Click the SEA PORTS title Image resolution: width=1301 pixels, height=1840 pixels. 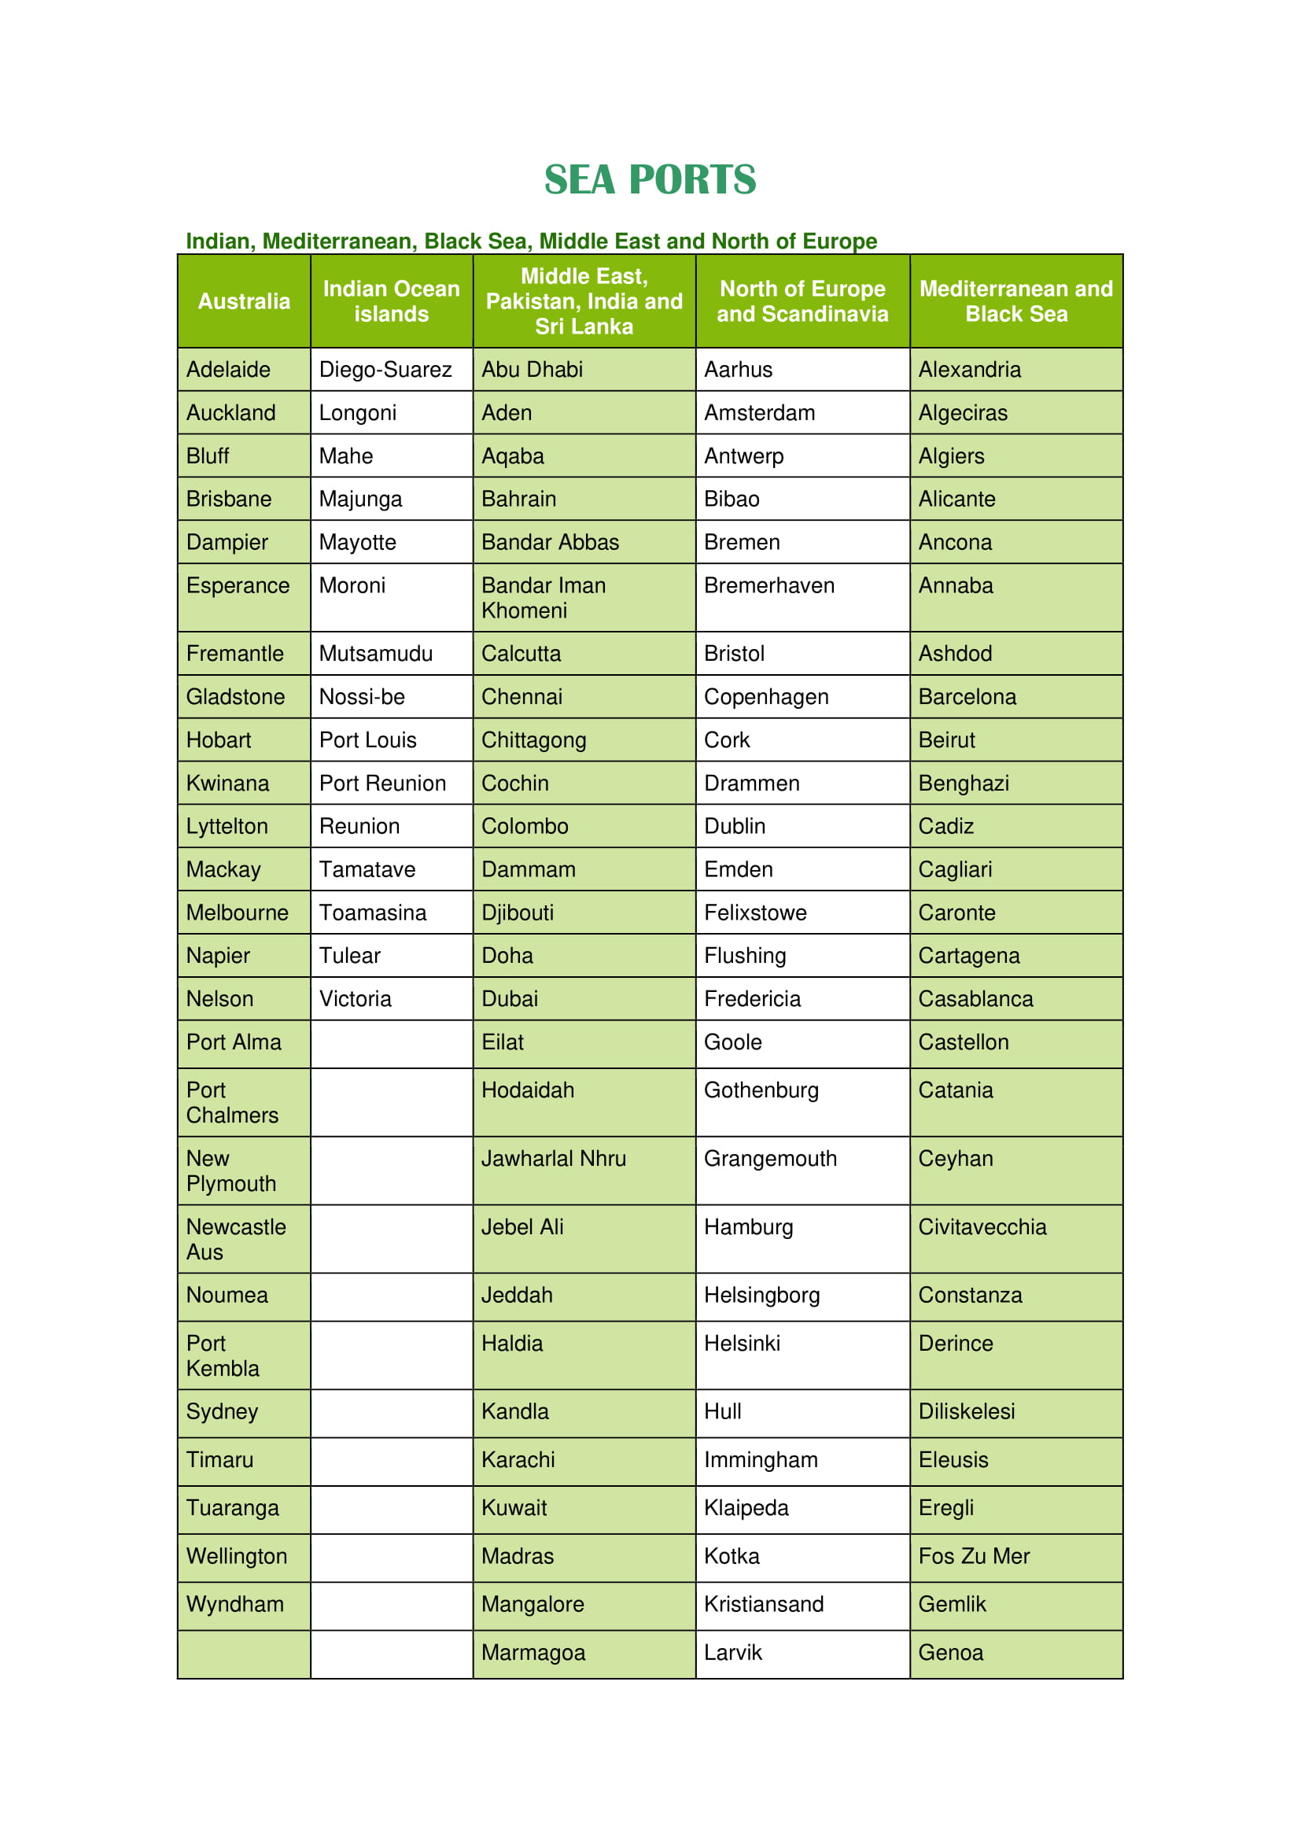coord(650,179)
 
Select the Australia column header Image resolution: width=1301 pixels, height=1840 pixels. coord(244,301)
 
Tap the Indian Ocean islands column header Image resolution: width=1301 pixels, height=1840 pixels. coord(391,301)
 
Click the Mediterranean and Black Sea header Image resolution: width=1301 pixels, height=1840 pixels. coord(1015,301)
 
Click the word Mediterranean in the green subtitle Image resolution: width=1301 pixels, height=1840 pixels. coord(339,242)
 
